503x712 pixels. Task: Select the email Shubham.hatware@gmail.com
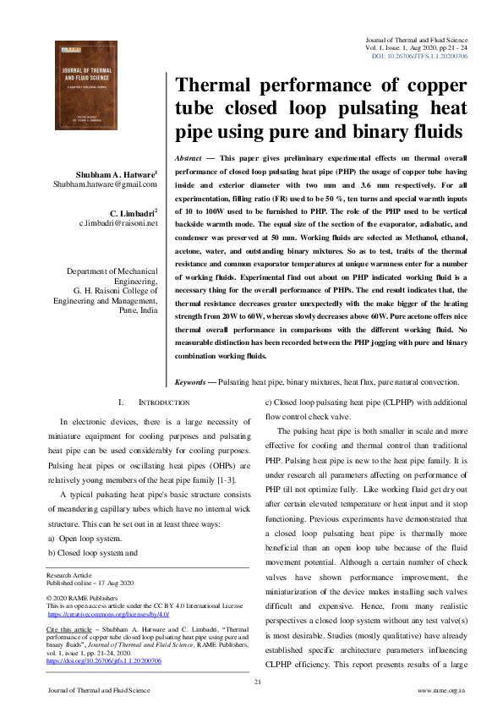tap(105, 183)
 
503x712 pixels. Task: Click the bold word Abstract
tap(187, 158)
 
